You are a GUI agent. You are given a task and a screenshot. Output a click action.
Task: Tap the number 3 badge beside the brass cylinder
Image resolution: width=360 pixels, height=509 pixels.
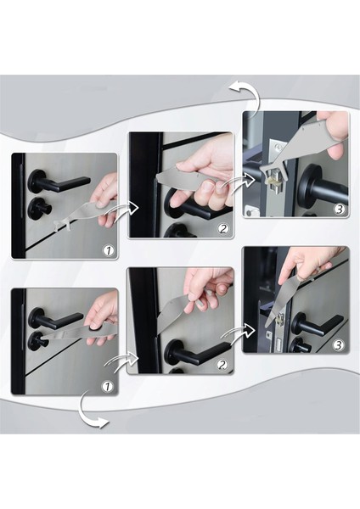[x=339, y=210]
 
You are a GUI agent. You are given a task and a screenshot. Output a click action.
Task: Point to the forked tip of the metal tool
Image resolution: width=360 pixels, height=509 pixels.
[x=60, y=225]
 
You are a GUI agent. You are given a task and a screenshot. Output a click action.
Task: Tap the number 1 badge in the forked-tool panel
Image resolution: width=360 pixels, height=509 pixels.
[x=109, y=250]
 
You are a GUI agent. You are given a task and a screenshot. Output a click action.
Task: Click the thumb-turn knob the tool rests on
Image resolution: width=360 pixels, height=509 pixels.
[x=37, y=340]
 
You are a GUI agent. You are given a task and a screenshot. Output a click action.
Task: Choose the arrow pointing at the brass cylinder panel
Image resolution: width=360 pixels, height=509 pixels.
[x=239, y=180]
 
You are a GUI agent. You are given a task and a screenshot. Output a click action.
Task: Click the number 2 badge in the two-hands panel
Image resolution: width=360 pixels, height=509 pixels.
[x=222, y=229]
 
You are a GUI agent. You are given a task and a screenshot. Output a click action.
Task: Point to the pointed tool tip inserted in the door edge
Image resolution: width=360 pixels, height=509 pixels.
[x=268, y=322]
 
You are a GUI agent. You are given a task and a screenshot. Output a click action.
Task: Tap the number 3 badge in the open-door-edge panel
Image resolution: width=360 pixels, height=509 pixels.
[x=338, y=345]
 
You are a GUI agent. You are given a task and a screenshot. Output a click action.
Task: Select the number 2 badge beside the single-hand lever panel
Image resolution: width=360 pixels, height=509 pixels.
[x=222, y=365]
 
